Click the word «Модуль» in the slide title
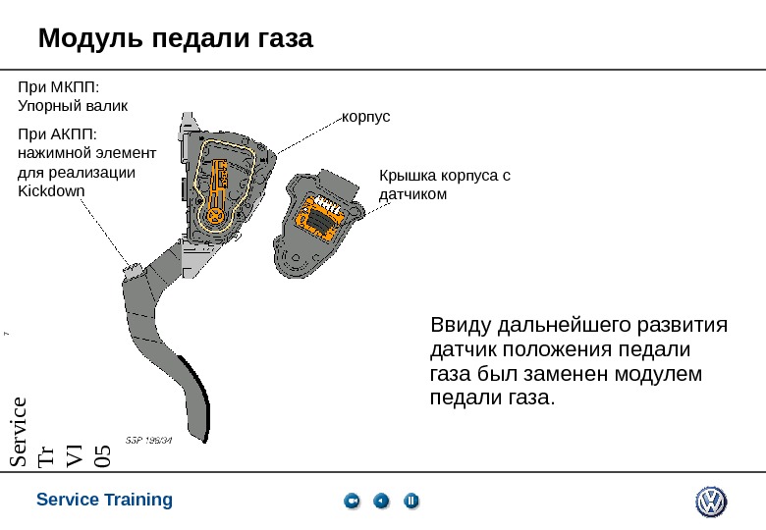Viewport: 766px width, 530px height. click(85, 39)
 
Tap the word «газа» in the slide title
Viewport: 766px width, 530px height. click(279, 39)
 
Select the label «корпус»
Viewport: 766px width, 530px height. click(365, 117)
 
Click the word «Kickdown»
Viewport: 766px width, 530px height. click(52, 190)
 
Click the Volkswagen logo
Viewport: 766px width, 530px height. click(710, 502)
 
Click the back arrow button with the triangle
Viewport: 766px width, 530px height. click(382, 502)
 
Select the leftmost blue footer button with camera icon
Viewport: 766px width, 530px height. click(353, 502)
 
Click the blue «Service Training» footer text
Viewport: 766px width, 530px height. click(104, 500)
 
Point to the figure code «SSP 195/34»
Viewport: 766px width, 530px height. click(149, 440)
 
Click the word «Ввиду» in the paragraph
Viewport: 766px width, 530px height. click(462, 325)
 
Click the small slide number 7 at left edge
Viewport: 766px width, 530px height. click(6, 337)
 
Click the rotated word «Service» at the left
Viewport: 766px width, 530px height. click(19, 433)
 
